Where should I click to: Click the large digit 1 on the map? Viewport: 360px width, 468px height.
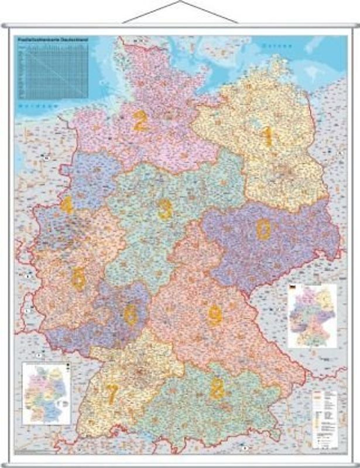tap(268, 136)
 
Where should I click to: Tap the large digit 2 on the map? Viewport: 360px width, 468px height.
tap(139, 121)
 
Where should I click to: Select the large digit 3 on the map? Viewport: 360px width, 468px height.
tap(165, 209)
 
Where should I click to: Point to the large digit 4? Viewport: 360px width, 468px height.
tap(67, 205)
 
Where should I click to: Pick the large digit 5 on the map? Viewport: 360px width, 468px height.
tap(78, 279)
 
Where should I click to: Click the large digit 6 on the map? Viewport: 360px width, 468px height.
tap(130, 315)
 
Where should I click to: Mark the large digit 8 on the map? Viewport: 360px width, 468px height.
tap(217, 389)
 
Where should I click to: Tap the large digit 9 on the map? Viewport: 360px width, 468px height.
tap(215, 316)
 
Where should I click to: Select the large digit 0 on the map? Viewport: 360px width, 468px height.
tap(264, 230)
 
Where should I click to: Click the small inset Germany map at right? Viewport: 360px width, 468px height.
tap(313, 316)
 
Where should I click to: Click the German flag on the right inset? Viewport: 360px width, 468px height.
tap(293, 288)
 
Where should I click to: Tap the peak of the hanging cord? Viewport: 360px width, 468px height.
tap(180, 2)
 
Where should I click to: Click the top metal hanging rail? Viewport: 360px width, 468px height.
tap(180, 26)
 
